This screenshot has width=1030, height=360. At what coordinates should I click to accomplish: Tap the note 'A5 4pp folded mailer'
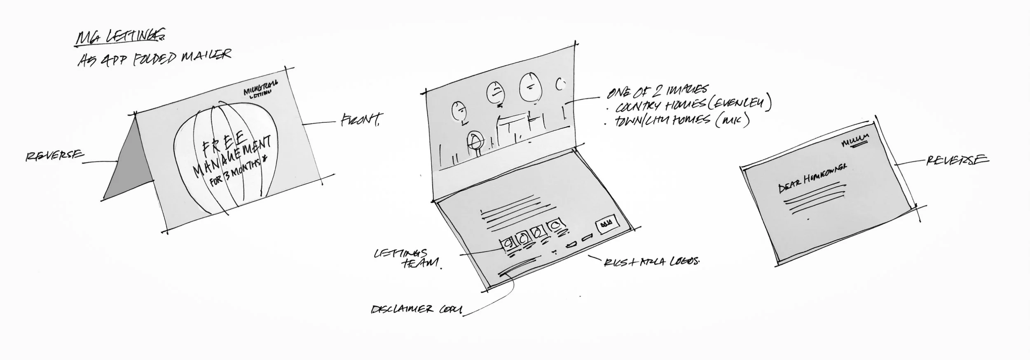154,58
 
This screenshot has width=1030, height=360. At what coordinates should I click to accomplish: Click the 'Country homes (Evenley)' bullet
692,105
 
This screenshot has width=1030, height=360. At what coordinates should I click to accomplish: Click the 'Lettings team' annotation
406,259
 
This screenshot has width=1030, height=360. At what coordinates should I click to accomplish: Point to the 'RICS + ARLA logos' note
651,262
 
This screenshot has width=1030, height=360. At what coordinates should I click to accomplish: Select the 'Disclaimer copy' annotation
416,309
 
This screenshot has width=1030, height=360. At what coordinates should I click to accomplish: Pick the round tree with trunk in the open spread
475,142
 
